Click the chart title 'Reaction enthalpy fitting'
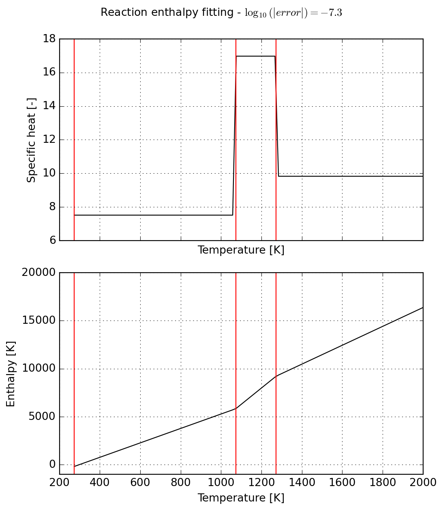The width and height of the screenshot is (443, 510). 170,13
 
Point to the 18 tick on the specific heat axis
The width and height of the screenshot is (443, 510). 49,39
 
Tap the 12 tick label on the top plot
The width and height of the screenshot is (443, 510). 49,140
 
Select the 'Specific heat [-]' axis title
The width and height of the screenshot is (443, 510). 32,140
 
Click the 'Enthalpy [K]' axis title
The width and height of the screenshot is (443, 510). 11,374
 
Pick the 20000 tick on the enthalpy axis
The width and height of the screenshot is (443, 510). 39,273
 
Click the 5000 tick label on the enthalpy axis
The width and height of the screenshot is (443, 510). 42,417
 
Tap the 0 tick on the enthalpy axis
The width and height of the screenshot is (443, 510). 52,465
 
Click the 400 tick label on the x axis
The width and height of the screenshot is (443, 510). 100,482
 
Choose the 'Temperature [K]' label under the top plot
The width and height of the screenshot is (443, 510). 241,250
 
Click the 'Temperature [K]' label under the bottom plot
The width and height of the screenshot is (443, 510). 241,498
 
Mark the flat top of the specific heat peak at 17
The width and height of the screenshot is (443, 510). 255,56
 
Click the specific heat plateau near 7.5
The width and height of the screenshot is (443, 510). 154,215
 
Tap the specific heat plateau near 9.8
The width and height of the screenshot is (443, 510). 349,176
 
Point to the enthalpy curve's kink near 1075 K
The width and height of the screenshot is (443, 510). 236,409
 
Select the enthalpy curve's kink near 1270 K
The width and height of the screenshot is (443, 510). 276,376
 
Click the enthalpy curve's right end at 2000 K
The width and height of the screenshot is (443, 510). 423,308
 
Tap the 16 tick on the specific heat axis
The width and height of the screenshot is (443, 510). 49,73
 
